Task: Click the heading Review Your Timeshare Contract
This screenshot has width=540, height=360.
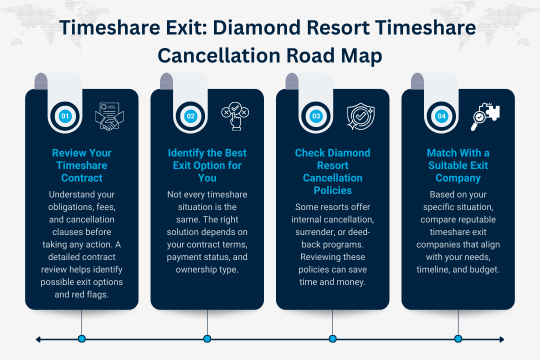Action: pyautogui.click(x=81, y=165)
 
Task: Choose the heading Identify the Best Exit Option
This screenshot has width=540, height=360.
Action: pyautogui.click(x=207, y=165)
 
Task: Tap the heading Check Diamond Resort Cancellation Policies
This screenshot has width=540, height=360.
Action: pyautogui.click(x=332, y=171)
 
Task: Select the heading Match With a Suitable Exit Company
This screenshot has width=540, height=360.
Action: pyautogui.click(x=458, y=165)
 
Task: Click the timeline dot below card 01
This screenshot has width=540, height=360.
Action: pyautogui.click(x=81, y=339)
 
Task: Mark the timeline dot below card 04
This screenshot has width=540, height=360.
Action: pyautogui.click(x=458, y=339)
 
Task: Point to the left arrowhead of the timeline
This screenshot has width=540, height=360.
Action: pyautogui.click(x=38, y=339)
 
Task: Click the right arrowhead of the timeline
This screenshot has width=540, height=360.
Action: pyautogui.click(x=501, y=339)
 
